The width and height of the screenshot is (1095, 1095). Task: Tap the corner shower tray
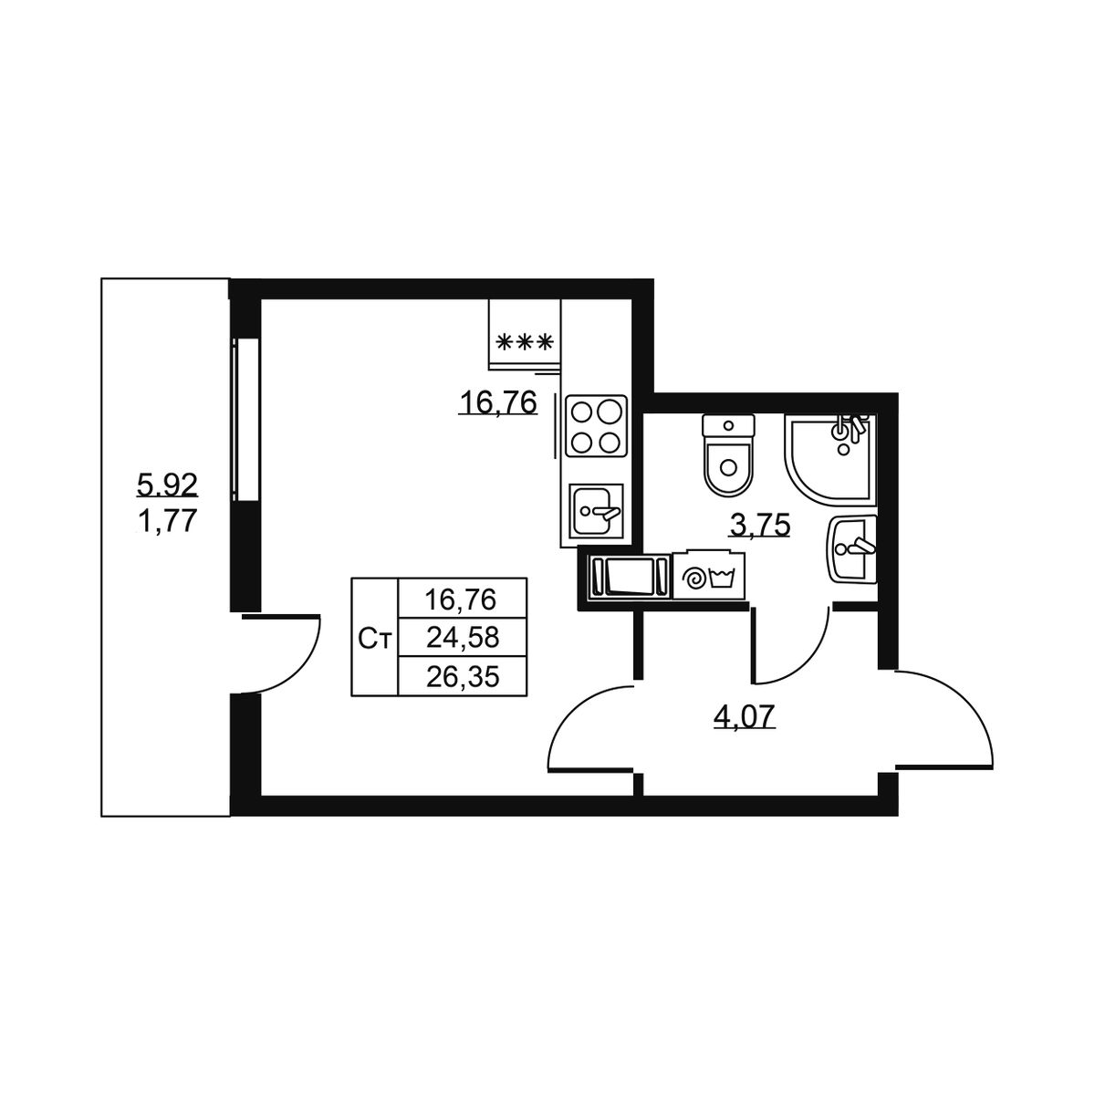829,459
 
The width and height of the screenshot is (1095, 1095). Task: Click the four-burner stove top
596,425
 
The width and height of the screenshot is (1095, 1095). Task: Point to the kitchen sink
596,510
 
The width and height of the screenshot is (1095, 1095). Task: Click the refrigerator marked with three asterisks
525,334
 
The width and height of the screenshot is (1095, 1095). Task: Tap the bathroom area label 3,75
760,527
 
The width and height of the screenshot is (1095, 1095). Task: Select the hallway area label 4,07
745,716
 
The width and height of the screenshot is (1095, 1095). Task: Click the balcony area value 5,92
167,485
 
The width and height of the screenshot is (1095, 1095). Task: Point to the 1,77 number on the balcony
167,520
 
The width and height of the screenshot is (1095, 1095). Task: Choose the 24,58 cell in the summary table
463,638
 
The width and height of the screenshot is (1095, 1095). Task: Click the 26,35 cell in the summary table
463,676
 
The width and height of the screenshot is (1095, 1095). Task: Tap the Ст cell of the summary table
375,638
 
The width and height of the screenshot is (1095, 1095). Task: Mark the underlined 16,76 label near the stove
498,403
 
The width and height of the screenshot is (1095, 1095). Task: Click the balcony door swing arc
296,670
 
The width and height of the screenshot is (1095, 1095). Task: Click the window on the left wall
245,420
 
